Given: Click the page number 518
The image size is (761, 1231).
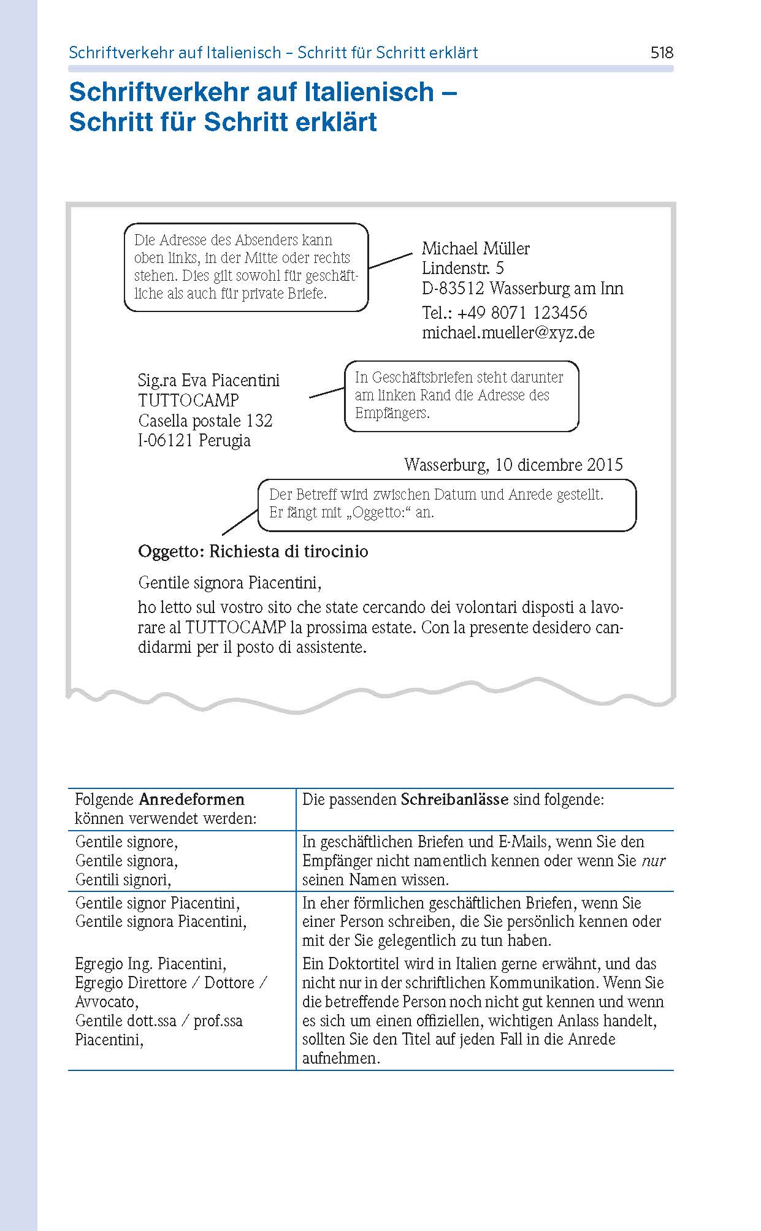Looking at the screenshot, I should (x=662, y=53).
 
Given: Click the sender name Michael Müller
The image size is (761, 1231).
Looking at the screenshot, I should (x=475, y=248).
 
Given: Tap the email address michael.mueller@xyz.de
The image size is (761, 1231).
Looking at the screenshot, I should (x=508, y=333).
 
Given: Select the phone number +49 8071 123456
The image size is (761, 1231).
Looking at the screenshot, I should (x=522, y=313).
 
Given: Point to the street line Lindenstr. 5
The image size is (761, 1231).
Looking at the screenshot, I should (x=462, y=268).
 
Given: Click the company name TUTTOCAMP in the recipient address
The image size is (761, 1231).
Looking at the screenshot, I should (x=188, y=400).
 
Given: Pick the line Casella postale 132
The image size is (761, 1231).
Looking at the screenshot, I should (x=205, y=421).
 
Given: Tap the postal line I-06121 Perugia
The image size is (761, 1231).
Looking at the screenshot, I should (x=194, y=440).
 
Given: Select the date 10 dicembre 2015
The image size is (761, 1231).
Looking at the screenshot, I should (x=559, y=465).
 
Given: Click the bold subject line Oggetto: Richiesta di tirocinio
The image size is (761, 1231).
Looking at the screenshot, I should (x=253, y=551).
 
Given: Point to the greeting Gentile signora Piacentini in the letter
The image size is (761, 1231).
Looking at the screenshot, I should (x=229, y=582).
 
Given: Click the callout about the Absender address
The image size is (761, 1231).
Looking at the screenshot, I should (x=246, y=267).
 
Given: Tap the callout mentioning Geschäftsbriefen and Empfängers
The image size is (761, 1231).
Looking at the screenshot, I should (x=461, y=395).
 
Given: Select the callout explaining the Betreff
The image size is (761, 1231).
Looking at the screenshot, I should (x=446, y=504).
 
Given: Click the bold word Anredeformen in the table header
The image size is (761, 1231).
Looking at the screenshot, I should (x=191, y=799).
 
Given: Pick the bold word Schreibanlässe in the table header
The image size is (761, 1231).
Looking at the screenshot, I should (x=454, y=799).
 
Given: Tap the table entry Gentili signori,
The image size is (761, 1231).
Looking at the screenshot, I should (x=123, y=880).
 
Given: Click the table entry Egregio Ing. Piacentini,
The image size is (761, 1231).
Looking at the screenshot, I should (x=150, y=964).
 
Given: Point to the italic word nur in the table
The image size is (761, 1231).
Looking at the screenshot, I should (x=653, y=861).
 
